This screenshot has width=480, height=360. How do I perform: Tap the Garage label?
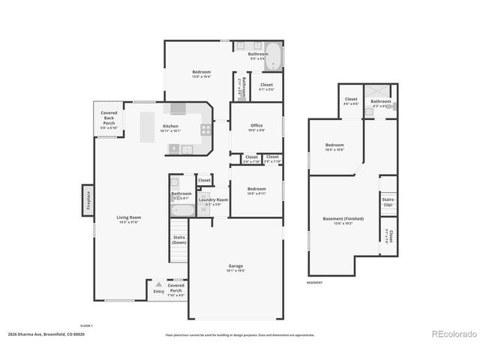coord(235,268)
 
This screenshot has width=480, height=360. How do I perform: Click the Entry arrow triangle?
coord(158,285)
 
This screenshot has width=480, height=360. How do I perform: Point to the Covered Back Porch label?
coord(109,120)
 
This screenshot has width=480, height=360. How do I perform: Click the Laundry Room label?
coord(212,200)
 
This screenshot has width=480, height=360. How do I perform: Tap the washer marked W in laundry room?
coord(203,209)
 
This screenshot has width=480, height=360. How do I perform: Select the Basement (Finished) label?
coord(343,219)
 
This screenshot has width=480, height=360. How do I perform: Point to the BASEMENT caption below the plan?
coord(316,283)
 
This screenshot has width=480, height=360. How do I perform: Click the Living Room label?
coord(129,218)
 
